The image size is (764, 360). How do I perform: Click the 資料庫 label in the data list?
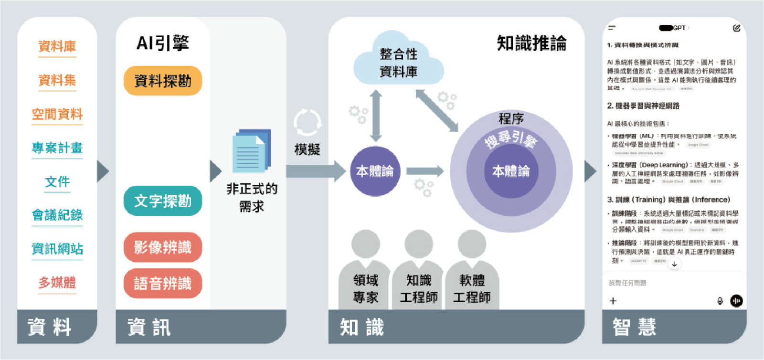(x=57, y=46)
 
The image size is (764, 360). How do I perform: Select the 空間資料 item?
(x=57, y=114)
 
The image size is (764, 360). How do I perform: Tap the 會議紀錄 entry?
(x=57, y=215)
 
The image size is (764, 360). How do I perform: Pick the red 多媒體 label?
(x=57, y=283)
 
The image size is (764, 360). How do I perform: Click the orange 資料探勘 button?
(x=163, y=81)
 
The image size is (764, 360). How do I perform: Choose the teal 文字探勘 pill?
(x=163, y=201)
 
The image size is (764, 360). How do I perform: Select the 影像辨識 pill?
(x=163, y=247)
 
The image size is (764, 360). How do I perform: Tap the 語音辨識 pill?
(x=163, y=284)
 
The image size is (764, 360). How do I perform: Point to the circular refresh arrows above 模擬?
(x=308, y=123)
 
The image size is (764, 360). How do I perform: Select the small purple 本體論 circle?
(x=375, y=171)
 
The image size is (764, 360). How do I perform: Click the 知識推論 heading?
(x=531, y=43)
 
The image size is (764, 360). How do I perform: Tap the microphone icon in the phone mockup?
(x=720, y=301)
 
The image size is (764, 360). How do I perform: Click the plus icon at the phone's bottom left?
(x=613, y=301)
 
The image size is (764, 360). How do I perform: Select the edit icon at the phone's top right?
(x=736, y=28)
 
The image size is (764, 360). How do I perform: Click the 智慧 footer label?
(x=635, y=328)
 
